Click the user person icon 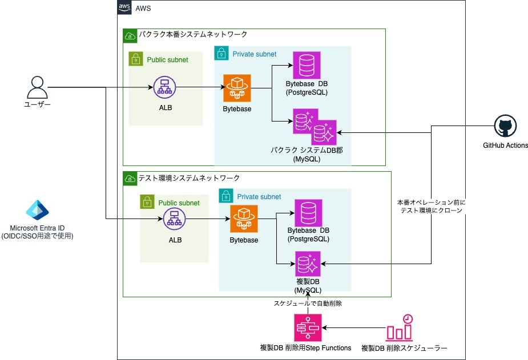point(37,87)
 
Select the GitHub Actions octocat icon point(505,126)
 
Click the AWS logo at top point(124,7)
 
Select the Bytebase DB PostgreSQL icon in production point(307,66)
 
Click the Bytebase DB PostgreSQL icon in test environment point(308,213)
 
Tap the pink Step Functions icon point(308,327)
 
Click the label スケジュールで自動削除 point(308,304)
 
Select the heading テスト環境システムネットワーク point(189,178)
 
